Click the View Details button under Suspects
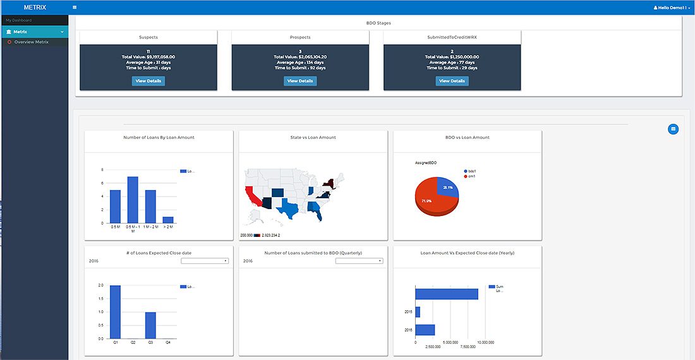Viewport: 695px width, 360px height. point(148,81)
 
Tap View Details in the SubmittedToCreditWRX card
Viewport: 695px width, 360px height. point(452,81)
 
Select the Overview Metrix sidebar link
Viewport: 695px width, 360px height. point(31,42)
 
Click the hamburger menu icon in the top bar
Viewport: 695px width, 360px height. point(75,8)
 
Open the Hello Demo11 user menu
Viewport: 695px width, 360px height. point(672,8)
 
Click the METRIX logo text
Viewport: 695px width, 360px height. point(34,8)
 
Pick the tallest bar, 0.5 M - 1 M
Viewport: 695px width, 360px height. point(133,200)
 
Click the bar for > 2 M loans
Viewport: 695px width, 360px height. point(168,220)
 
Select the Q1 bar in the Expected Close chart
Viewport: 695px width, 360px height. point(115,312)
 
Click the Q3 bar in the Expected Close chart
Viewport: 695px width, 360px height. point(150,325)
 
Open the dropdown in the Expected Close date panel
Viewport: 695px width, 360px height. point(204,261)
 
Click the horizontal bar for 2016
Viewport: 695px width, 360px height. point(425,330)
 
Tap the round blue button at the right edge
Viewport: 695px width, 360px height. point(673,129)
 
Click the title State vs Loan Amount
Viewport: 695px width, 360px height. point(313,137)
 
